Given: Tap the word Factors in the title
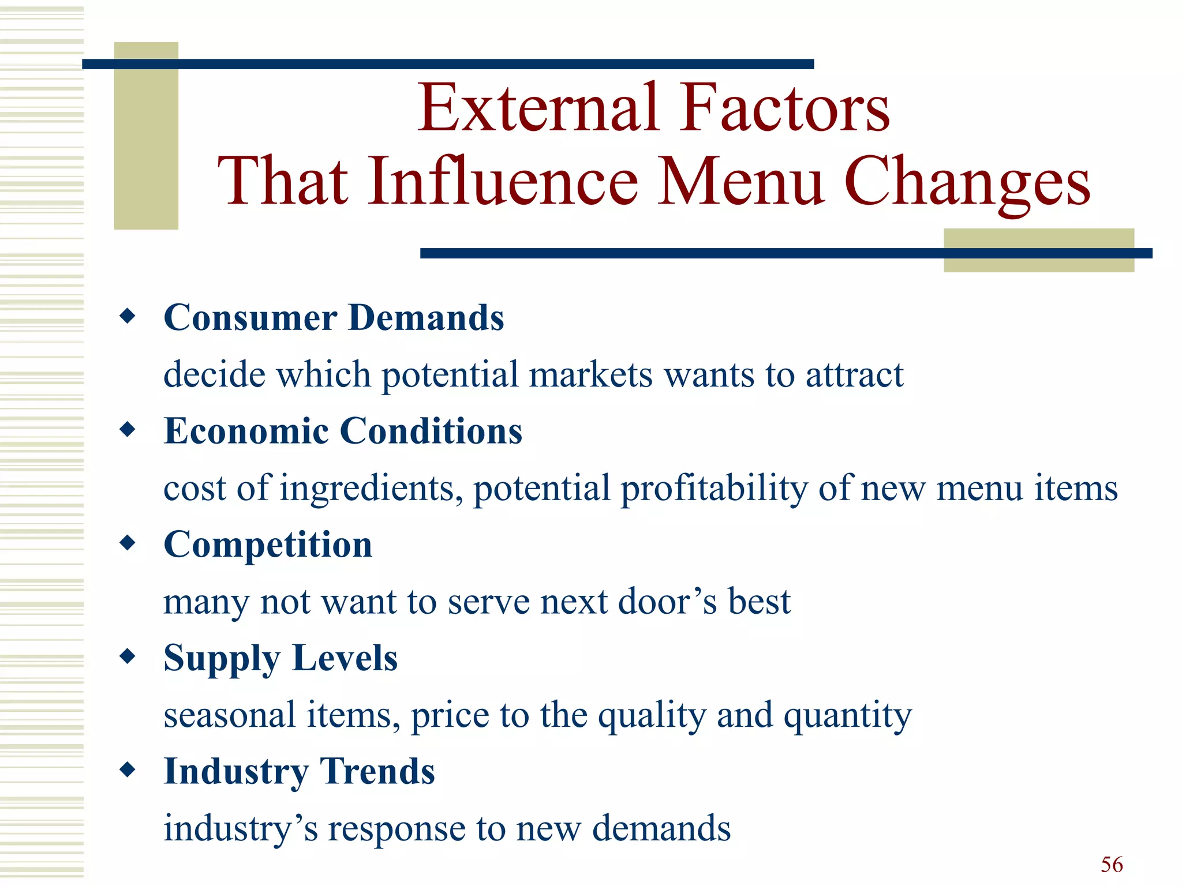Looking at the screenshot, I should point(784,108).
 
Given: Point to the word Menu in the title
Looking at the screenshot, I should point(741,181).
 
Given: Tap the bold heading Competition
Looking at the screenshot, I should point(268,546).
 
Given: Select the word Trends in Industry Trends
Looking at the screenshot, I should point(377,772).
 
